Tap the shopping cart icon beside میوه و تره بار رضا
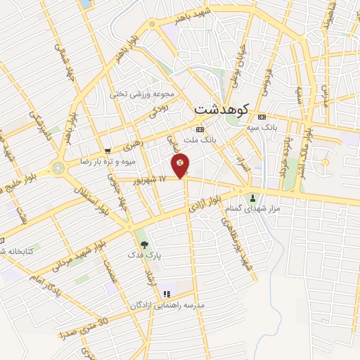point(107,150)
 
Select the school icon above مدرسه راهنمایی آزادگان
point(167,295)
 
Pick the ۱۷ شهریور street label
point(152,180)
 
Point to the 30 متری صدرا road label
point(85,328)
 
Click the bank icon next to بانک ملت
point(200,130)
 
